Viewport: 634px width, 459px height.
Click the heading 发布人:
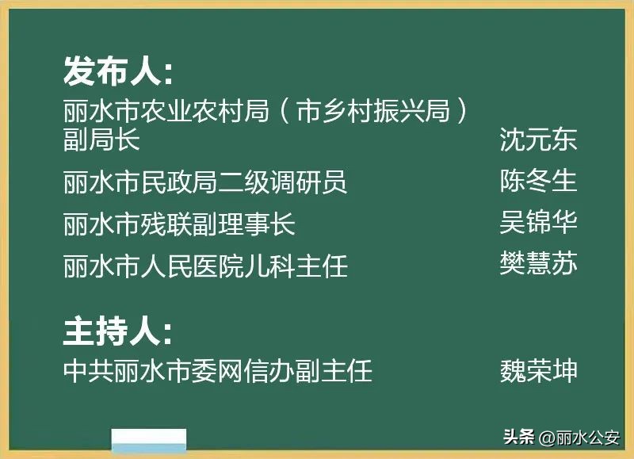pos(118,72)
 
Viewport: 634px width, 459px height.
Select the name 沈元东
pos(538,140)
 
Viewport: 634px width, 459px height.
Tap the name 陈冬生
pos(538,182)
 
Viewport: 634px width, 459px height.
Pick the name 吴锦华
pos(538,221)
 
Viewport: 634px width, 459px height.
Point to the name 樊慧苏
pos(538,262)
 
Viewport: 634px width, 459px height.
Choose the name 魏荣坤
pos(538,370)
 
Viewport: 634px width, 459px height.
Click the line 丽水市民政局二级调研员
pos(205,182)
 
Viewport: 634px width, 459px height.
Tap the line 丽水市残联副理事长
pos(179,224)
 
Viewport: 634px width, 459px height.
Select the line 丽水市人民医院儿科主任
pos(205,266)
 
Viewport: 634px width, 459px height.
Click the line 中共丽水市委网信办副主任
pos(218,370)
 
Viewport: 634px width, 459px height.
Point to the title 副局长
pos(101,140)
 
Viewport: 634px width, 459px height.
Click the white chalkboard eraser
pos(149,442)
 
